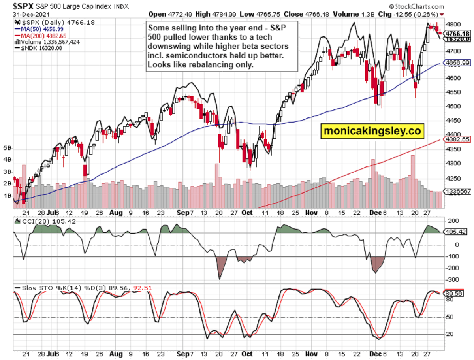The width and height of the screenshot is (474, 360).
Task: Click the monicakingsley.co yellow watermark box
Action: [372, 131]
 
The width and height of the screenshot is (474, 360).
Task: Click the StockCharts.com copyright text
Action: [416, 6]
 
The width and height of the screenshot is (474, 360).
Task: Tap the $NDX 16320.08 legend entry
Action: [37, 48]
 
